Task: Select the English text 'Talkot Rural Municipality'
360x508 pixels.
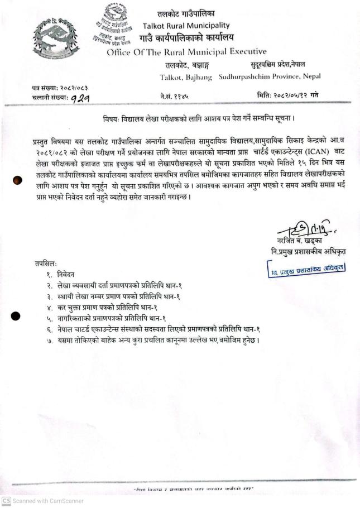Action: click(186, 26)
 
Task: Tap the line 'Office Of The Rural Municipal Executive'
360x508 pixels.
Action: click(186, 52)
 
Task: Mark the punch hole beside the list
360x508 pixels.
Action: click(17, 315)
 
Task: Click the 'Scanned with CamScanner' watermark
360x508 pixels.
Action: click(42, 501)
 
